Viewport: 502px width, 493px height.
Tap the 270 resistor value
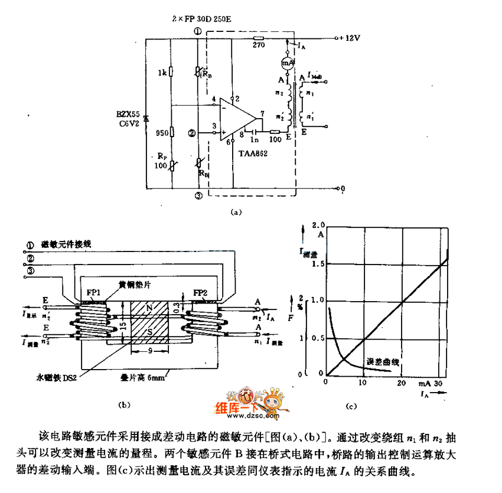pos(258,44)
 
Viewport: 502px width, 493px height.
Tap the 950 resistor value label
pos(161,133)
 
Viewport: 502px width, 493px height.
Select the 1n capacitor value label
pos(254,141)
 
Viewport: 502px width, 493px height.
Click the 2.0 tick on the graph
pos(319,226)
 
